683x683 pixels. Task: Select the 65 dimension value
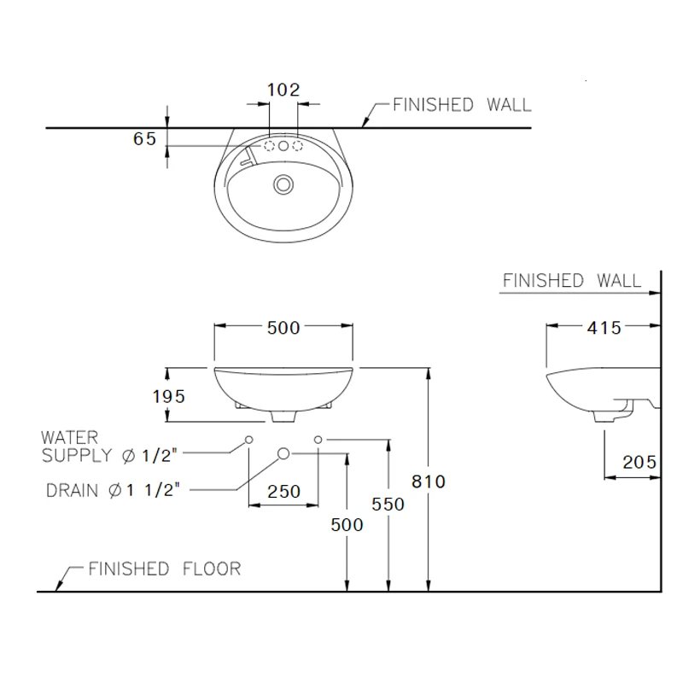pyautogui.click(x=145, y=138)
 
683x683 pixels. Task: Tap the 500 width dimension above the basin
pyautogui.click(x=283, y=328)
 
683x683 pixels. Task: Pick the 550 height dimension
pyautogui.click(x=388, y=504)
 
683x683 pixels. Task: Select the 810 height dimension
pyautogui.click(x=429, y=482)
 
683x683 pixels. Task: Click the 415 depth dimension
pyautogui.click(x=604, y=327)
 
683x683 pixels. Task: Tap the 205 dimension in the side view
pyautogui.click(x=639, y=462)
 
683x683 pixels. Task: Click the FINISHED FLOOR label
pyautogui.click(x=164, y=569)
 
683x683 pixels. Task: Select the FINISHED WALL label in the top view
pyautogui.click(x=461, y=105)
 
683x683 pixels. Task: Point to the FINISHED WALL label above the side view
pyautogui.click(x=572, y=280)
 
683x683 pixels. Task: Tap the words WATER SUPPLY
pyautogui.click(x=78, y=447)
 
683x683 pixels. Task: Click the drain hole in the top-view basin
pyautogui.click(x=283, y=183)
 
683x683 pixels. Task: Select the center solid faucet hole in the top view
pyautogui.click(x=283, y=146)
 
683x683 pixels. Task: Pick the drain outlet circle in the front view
pyautogui.click(x=284, y=452)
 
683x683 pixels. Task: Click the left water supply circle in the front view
pyautogui.click(x=248, y=439)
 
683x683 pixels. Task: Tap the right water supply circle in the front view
pyautogui.click(x=318, y=439)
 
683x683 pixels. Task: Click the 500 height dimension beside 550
pyautogui.click(x=347, y=524)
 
